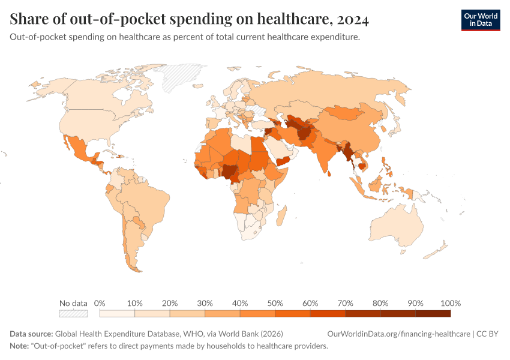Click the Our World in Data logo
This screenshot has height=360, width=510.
[480, 20]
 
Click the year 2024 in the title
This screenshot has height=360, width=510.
[353, 20]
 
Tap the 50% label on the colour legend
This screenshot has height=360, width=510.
[275, 303]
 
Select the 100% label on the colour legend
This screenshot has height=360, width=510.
[450, 303]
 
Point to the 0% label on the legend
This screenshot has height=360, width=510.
[100, 303]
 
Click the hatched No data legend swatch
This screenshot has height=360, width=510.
[73, 313]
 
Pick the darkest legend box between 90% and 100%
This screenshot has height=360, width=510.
[433, 313]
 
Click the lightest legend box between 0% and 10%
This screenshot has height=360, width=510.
[117, 313]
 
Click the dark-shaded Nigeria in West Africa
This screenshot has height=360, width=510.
[229, 170]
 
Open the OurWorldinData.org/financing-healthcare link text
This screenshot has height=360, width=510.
[398, 334]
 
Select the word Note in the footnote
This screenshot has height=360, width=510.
[20, 346]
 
